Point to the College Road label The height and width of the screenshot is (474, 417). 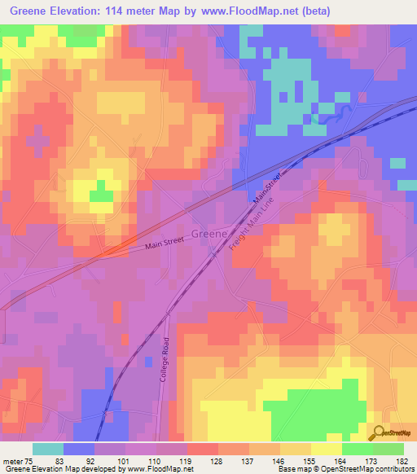[165, 360]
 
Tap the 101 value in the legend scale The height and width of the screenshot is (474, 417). [125, 462]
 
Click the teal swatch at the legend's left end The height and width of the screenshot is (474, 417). [48, 449]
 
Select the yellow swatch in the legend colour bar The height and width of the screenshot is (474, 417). [326, 449]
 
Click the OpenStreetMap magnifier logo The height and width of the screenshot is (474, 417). [378, 433]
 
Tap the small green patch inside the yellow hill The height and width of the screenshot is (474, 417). [101, 195]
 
